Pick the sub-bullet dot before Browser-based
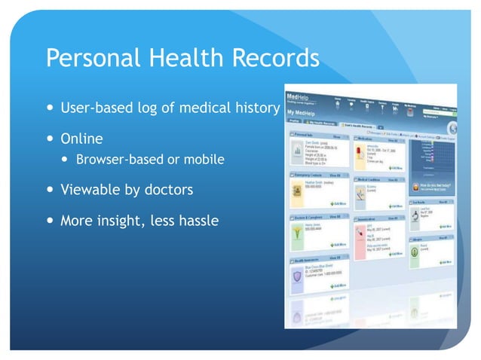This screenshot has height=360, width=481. (68, 160)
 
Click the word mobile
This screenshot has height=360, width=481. (203, 160)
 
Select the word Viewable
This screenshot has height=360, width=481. (90, 190)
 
